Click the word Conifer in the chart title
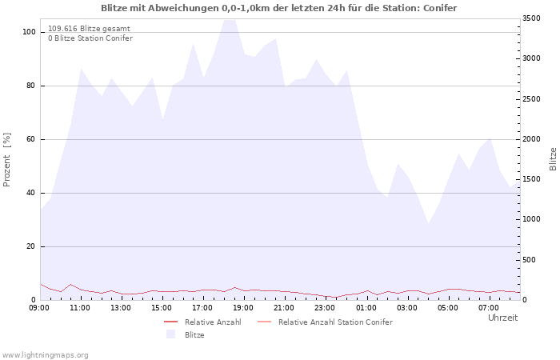440,8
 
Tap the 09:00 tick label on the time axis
39,308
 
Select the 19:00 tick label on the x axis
243,308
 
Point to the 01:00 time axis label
366,308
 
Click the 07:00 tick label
489,308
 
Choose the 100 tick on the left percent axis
29,32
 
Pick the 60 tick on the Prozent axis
30,139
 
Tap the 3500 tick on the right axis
531,18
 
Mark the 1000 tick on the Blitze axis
531,219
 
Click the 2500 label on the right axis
531,99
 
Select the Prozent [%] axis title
6,160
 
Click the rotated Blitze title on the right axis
553,159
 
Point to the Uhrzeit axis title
503,318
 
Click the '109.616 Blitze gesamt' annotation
89,29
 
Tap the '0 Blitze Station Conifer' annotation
90,38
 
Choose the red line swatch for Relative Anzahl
170,322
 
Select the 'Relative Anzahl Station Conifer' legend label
336,322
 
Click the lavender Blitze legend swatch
170,334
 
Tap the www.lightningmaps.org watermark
45,355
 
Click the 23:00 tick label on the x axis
326,308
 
